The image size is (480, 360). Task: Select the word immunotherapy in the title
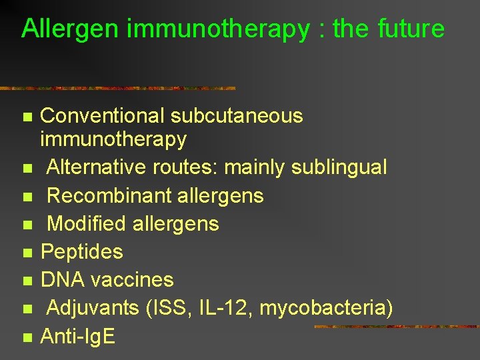pyautogui.click(x=217, y=29)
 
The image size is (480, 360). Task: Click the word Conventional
pyautogui.click(x=102, y=116)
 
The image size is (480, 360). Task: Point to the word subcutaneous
pyautogui.click(x=237, y=116)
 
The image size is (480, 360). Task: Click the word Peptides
pyautogui.click(x=82, y=252)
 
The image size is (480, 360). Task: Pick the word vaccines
pyautogui.click(x=131, y=280)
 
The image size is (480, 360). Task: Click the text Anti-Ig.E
pyautogui.click(x=78, y=337)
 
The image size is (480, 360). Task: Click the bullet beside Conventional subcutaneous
pyautogui.click(x=27, y=117)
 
